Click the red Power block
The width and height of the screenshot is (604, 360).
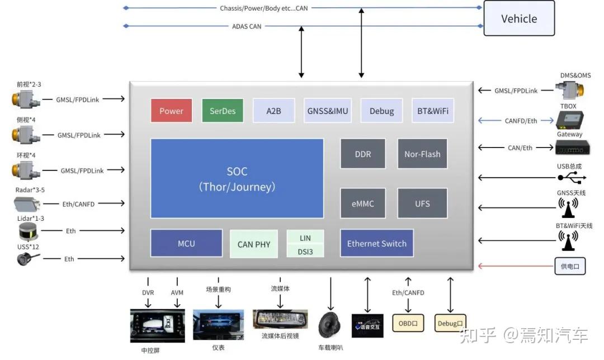[171, 111]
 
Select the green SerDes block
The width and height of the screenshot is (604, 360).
[223, 111]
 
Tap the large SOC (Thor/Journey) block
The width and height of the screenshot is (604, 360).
[237, 178]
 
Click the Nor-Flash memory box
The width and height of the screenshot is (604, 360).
[422, 154]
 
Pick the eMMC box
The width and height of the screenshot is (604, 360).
[362, 203]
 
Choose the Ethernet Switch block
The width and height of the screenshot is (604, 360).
[376, 244]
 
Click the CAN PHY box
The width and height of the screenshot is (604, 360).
[254, 244]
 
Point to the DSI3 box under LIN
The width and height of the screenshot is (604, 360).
[305, 252]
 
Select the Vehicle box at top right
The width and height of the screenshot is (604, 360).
[518, 18]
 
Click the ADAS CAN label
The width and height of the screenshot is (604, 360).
[247, 26]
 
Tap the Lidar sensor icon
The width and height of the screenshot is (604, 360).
[28, 230]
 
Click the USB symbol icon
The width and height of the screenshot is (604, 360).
[572, 178]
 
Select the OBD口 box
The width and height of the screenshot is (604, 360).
[408, 323]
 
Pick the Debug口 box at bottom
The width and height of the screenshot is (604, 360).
[450, 323]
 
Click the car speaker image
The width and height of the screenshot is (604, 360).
[331, 325]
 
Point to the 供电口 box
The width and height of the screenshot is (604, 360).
[570, 266]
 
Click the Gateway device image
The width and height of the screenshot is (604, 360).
[569, 147]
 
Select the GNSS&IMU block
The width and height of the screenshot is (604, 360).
[328, 111]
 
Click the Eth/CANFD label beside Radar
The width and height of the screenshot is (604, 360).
[78, 204]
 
